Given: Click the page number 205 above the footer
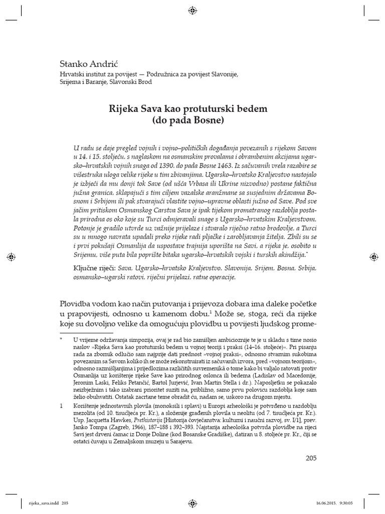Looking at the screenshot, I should [x=311, y=458].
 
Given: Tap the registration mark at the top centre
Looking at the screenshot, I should [x=192, y=10].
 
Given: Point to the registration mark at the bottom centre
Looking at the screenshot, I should [x=192, y=502].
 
